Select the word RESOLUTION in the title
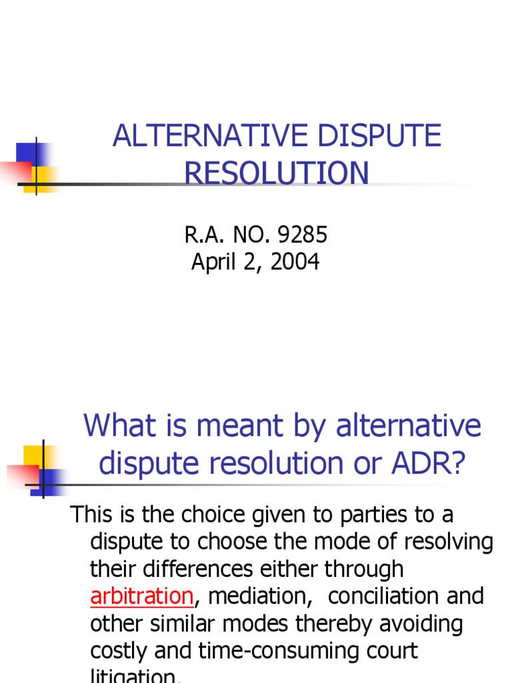pyautogui.click(x=276, y=173)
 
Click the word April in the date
pyautogui.click(x=213, y=262)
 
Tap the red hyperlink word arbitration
pyautogui.click(x=141, y=596)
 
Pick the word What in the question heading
pyautogui.click(x=114, y=426)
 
